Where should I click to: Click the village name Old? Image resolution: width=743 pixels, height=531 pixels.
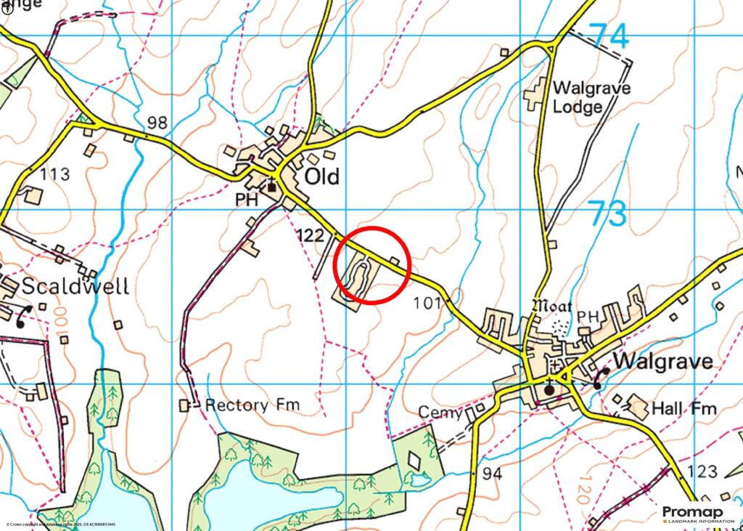pos(322,177)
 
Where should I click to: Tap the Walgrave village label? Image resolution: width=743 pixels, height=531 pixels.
pos(662,361)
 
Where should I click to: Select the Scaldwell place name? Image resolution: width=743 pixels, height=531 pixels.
pos(75,286)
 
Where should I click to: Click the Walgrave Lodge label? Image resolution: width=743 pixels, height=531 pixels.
pos(591,97)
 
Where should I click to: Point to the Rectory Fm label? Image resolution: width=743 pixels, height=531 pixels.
pos(252,405)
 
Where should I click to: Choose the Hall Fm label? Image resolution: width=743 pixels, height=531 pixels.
pos(684,409)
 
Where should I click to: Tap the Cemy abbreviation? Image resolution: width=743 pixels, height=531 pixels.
pos(440,413)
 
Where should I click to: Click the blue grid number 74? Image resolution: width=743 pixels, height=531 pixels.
pos(608,36)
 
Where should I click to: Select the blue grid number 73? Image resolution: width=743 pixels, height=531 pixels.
pos(607,214)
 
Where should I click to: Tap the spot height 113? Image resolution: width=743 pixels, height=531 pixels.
pos(55,174)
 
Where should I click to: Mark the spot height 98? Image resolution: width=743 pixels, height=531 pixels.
pos(157,123)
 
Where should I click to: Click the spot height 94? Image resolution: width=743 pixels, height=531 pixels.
pos(491,474)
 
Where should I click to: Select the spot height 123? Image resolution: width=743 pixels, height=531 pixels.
pos(702,472)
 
